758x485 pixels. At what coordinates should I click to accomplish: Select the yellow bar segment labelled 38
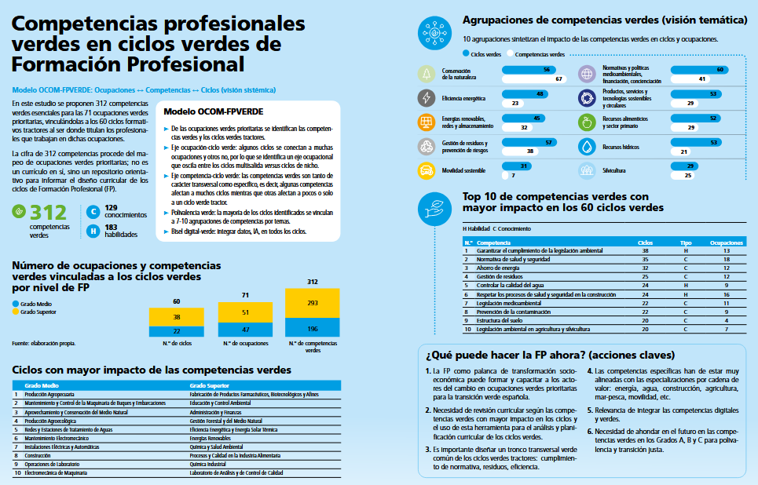coord(176,317)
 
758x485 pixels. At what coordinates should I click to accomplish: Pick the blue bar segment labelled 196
coord(312,328)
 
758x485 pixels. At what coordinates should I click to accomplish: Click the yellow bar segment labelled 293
coord(312,303)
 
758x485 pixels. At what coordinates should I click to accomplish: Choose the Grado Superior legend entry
coord(38,312)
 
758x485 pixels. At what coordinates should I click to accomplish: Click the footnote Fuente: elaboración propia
coord(43,344)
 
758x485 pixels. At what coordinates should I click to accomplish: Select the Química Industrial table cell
coord(207,463)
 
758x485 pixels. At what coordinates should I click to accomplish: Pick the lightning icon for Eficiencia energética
coord(427,98)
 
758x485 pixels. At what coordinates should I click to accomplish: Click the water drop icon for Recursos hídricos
coord(587,147)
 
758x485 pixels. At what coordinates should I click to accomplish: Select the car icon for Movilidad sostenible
coord(427,170)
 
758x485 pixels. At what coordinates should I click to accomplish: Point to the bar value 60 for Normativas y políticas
coord(720,70)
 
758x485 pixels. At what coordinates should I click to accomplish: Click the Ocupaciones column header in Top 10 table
coord(726,242)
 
